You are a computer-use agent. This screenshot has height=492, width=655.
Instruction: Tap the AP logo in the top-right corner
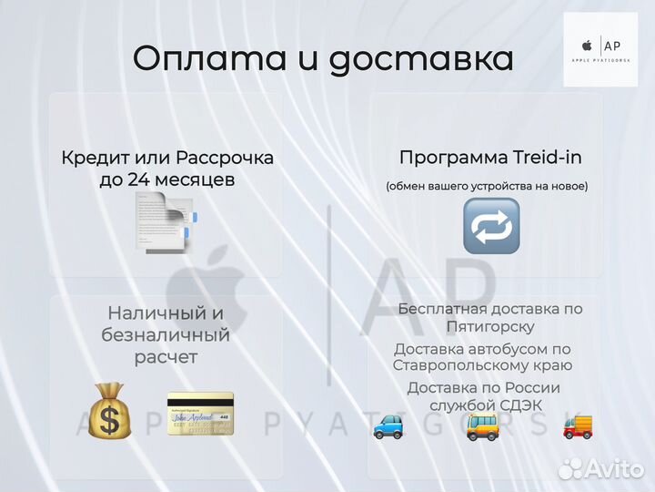point(600,49)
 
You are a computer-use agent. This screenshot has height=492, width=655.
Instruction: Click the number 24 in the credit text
point(139,179)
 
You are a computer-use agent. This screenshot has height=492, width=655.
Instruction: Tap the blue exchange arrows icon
point(491,226)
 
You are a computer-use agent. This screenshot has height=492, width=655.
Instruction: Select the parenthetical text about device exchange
point(487,186)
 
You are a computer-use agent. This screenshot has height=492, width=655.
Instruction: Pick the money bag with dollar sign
point(109,411)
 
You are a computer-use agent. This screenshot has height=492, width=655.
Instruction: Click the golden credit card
point(200,412)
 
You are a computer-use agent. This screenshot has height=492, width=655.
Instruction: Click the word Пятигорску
point(490,326)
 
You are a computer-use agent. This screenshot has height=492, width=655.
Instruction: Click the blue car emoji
point(389,425)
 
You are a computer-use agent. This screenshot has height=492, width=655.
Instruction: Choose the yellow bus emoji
point(482,425)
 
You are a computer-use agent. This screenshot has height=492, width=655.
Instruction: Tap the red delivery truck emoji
point(578,425)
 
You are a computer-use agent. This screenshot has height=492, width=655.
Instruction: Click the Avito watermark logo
point(600,468)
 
